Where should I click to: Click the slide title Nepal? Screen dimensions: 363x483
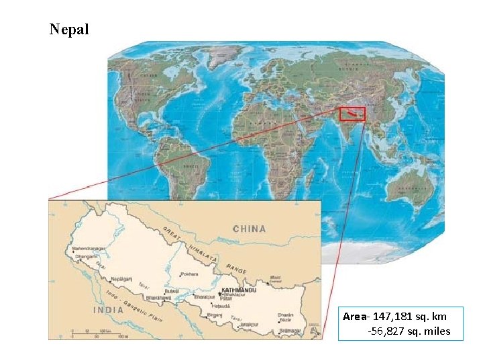tap(69, 30)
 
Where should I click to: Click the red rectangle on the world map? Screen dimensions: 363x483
tap(352, 114)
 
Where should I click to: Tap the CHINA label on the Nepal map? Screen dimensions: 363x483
tap(249, 229)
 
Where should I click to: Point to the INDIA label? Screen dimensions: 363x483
tap(108, 310)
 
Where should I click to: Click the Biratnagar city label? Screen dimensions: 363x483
tap(289, 331)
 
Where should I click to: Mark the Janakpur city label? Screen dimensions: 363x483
tap(247, 325)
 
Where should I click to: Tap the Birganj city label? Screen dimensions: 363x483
tap(214, 315)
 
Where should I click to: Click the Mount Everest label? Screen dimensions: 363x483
tap(276, 278)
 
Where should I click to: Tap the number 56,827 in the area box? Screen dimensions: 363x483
tap(387, 331)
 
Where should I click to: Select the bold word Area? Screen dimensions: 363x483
tap(354, 316)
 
